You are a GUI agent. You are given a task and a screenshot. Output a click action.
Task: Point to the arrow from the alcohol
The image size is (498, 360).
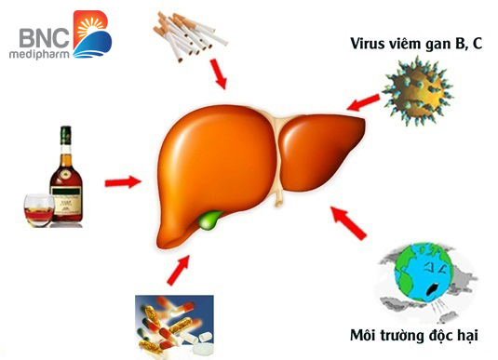pyautogui.click(x=120, y=181)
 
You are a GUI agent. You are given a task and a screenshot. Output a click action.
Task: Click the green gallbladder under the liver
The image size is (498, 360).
pyautogui.click(x=212, y=222)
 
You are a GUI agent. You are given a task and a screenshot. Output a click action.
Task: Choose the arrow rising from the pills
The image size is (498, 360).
pyautogui.click(x=178, y=271)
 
